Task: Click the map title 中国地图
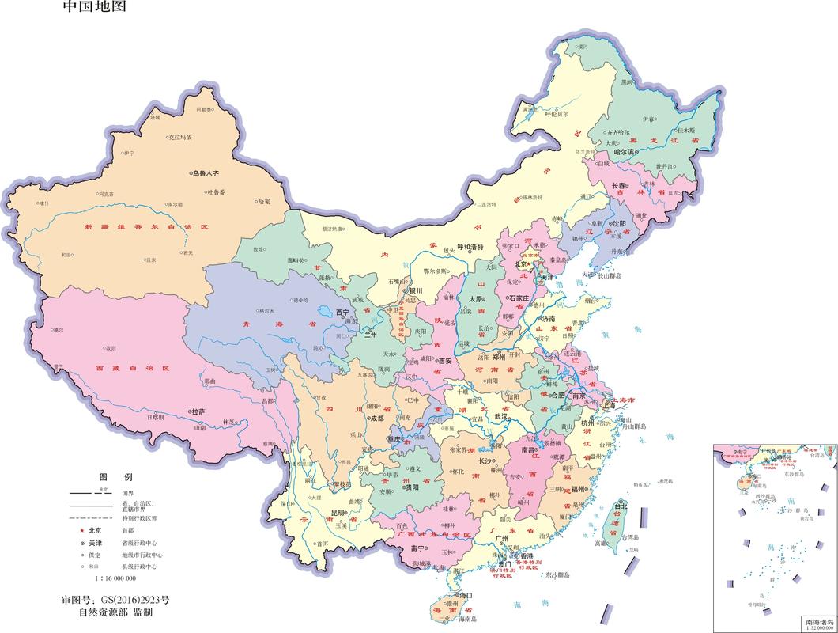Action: [x=93, y=7]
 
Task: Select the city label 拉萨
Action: [x=198, y=411]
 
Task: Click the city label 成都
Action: [x=376, y=419]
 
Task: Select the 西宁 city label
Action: [x=342, y=313]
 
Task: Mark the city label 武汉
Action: [x=500, y=415]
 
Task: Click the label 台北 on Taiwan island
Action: [x=621, y=506]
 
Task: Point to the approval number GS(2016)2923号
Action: [x=115, y=599]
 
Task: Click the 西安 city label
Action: [x=444, y=361]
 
